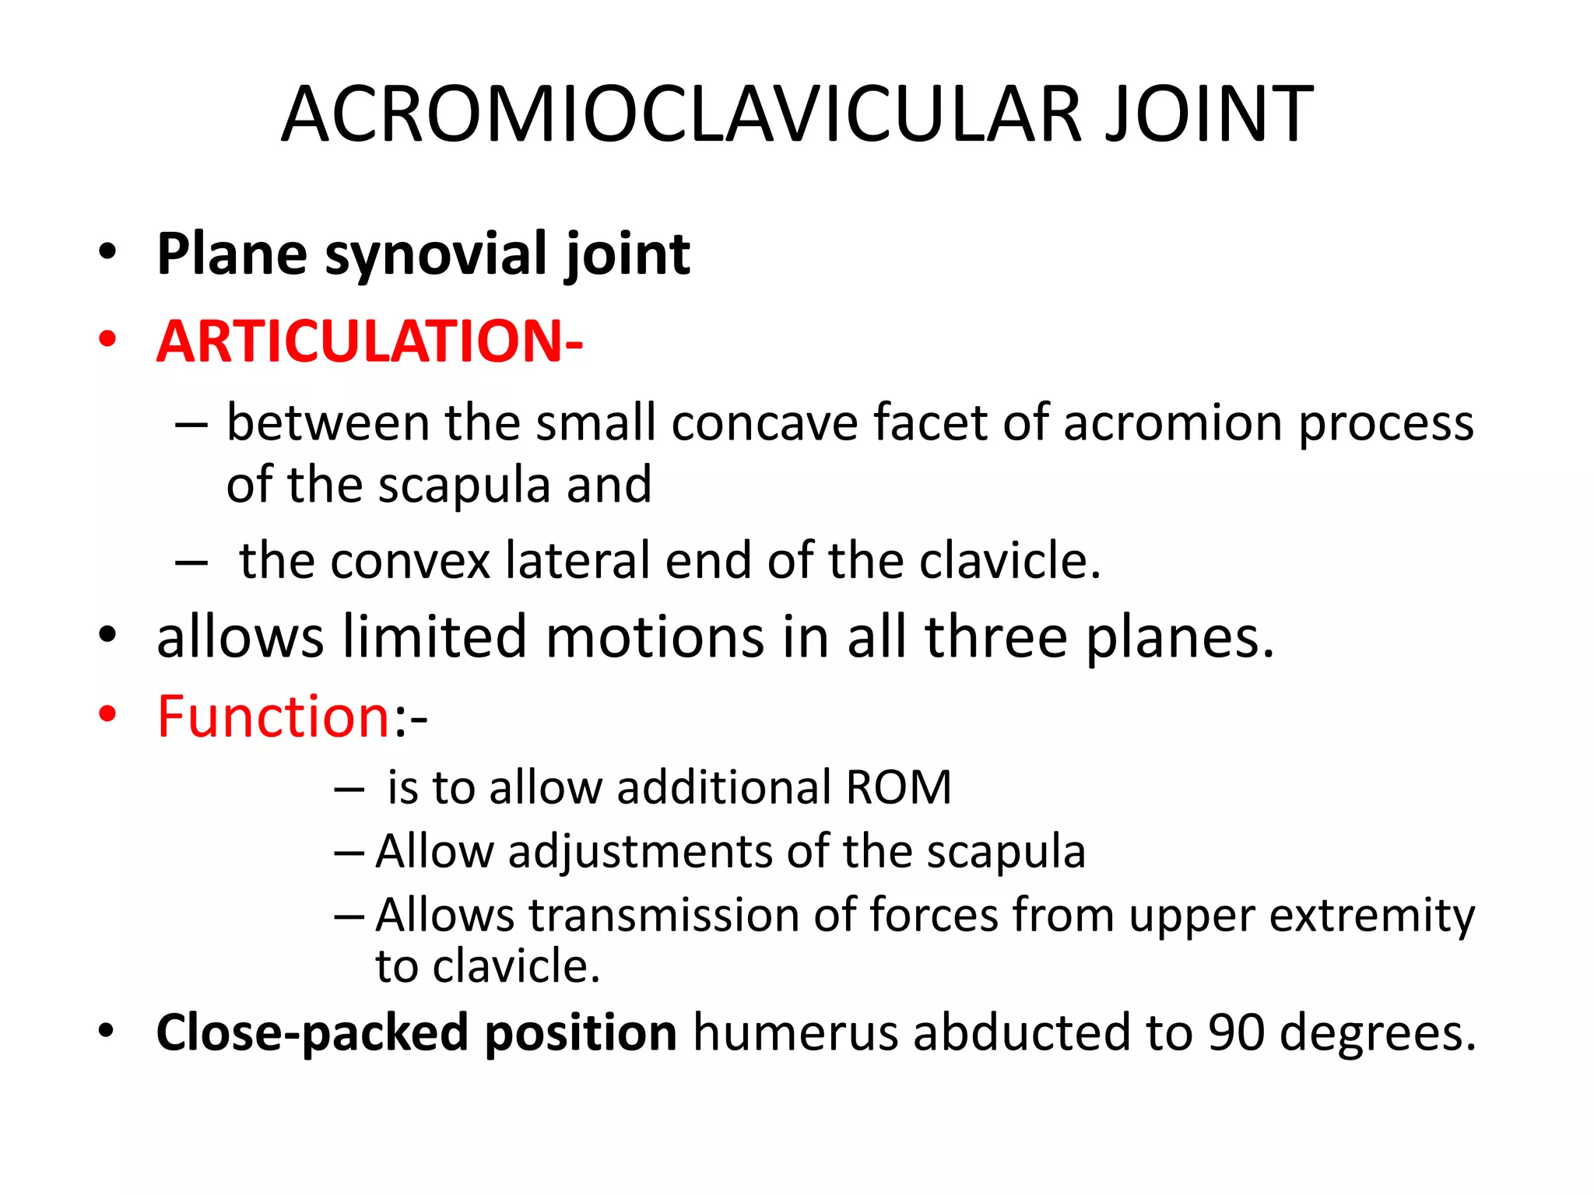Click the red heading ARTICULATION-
tap(370, 342)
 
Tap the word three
tap(996, 636)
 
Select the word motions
tap(655, 636)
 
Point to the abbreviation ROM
tap(898, 787)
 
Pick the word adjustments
tap(641, 851)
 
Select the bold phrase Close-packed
tap(311, 1033)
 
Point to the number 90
tap(1236, 1033)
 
